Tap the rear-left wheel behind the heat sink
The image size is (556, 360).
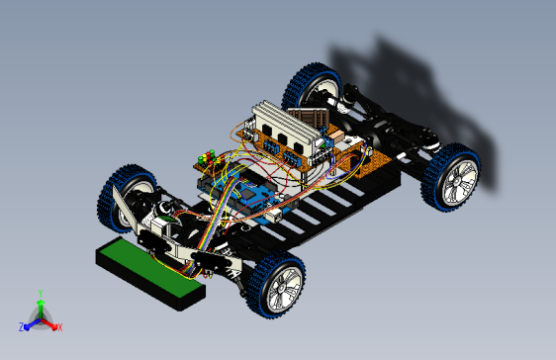(x=314, y=87)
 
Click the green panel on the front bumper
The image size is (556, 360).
(x=148, y=268)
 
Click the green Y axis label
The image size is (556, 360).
(x=40, y=293)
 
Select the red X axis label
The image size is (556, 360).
(x=59, y=326)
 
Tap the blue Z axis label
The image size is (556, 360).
(x=22, y=326)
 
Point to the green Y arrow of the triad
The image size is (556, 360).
(x=40, y=307)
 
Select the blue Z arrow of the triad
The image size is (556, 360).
(x=31, y=322)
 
